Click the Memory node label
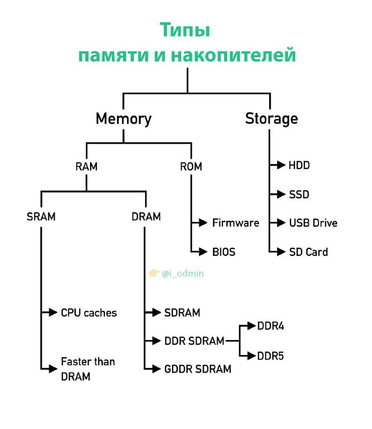point(124,119)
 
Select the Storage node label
point(272,119)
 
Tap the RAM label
point(86,166)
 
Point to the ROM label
point(191,166)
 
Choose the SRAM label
point(41,217)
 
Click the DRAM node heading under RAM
point(146,217)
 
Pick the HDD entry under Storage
point(299,165)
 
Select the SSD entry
point(299,195)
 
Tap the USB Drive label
point(313,223)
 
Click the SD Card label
point(309,252)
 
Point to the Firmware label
point(236,223)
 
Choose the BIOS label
point(224,252)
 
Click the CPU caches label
point(89,313)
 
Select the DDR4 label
point(271,326)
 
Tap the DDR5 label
point(271,356)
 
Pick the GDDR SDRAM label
point(198,369)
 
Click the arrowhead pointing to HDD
point(281,165)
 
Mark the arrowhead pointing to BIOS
point(203,252)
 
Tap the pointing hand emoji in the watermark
point(154,273)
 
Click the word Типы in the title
point(185,29)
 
